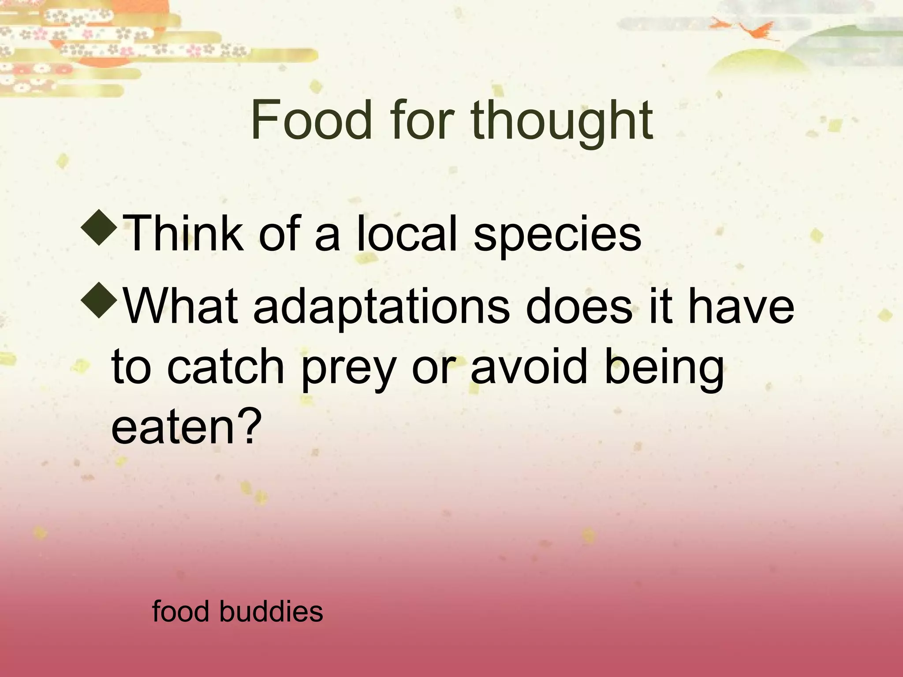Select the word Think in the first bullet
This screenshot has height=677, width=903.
183,234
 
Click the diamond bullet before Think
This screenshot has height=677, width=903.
99,228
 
